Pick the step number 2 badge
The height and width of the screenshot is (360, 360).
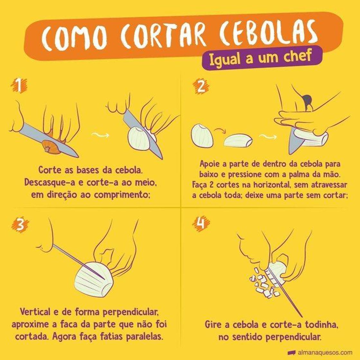(201, 86)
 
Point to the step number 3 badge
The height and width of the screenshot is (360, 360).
(20, 225)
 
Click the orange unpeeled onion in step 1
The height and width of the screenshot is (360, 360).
(51, 147)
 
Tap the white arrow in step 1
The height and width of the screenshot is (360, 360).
(100, 134)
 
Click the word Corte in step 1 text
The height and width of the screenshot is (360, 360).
(48, 170)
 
